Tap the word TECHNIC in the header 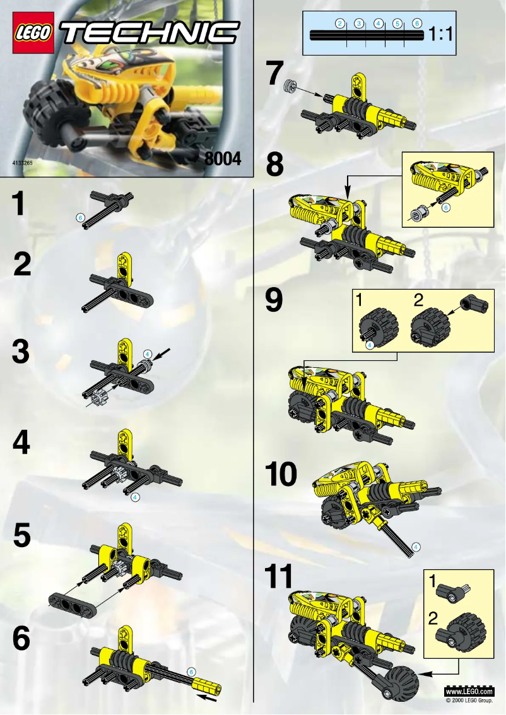click(150, 33)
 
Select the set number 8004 click(223, 160)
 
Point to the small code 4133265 click(23, 163)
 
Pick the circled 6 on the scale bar click(416, 23)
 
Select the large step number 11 click(279, 577)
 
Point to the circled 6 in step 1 click(80, 216)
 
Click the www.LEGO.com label click(469, 692)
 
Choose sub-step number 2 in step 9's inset click(418, 301)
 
